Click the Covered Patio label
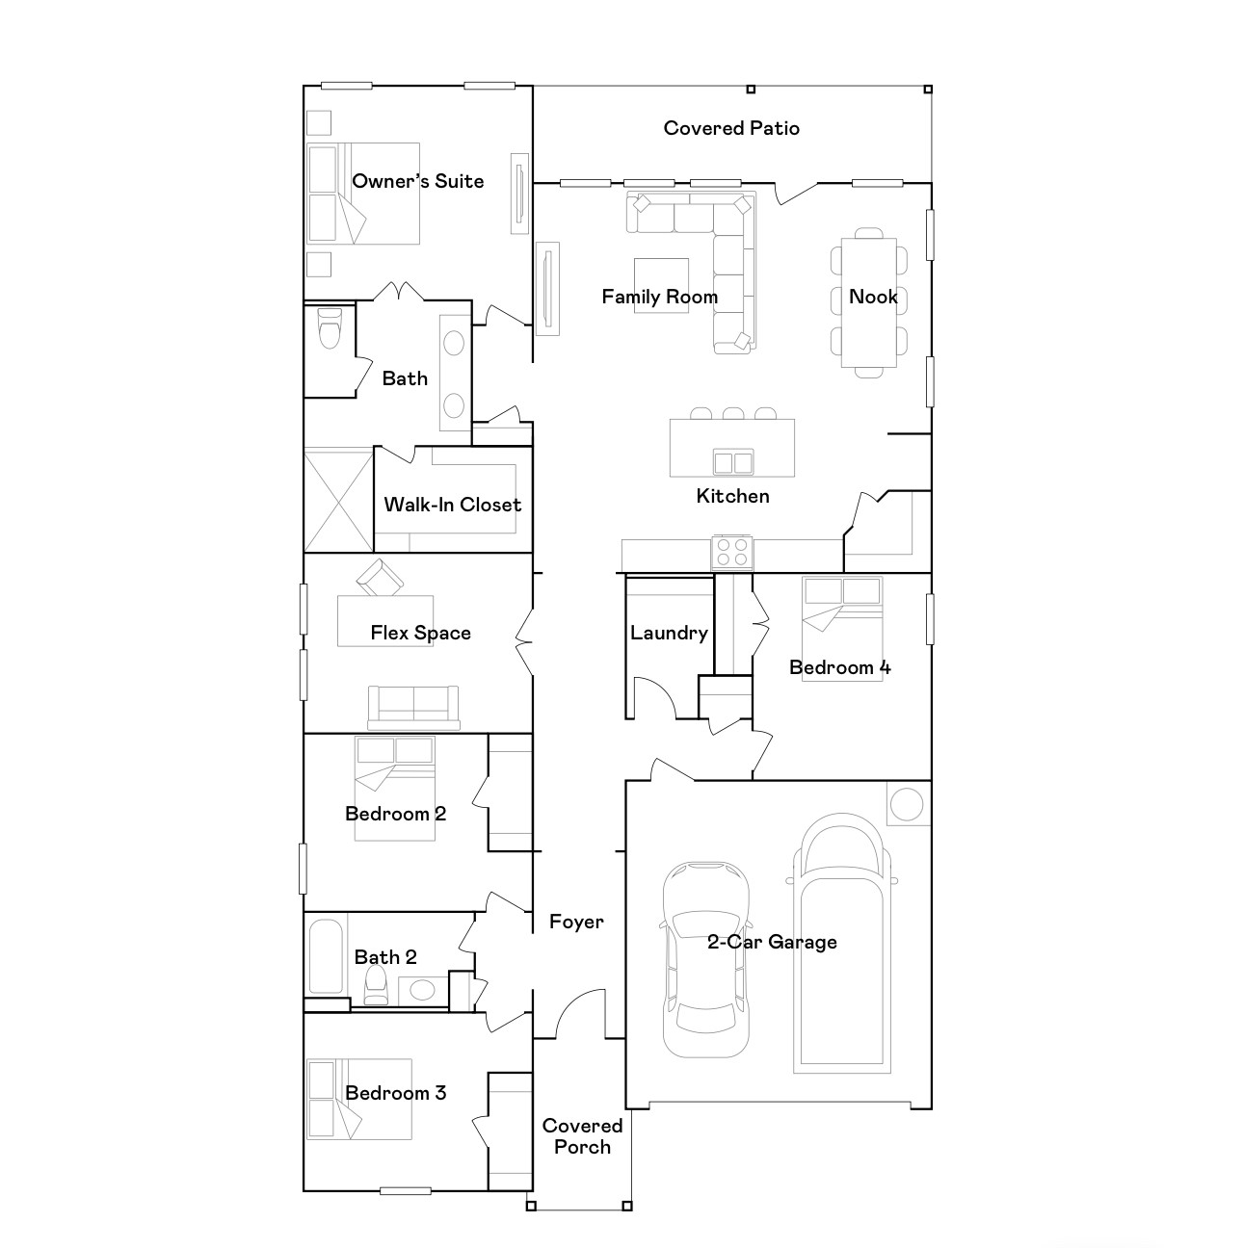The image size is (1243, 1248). tap(731, 128)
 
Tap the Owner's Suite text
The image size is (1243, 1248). tap(417, 181)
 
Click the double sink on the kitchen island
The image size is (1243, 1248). tap(732, 463)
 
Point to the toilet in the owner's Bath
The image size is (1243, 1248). tap(330, 329)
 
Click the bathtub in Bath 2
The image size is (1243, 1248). tap(326, 956)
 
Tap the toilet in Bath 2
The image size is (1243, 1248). tap(376, 984)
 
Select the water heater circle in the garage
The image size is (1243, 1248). tap(907, 804)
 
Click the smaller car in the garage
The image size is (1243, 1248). tap(704, 958)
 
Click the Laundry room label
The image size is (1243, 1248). tap(669, 633)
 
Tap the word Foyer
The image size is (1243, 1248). tap(576, 922)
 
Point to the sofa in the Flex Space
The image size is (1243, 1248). tap(413, 707)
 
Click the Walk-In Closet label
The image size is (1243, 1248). tap(452, 505)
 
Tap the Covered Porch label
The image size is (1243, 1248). tap(582, 1136)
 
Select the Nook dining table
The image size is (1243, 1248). tap(868, 302)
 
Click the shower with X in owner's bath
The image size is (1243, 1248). tap(338, 499)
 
